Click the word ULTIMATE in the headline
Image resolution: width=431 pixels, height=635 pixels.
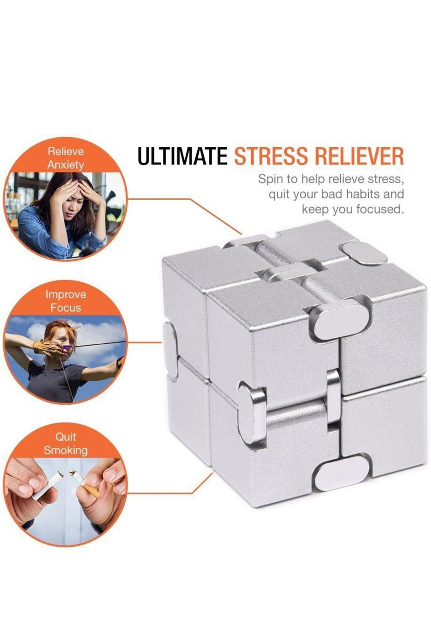[182, 156]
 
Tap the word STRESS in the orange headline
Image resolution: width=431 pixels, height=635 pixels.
[271, 156]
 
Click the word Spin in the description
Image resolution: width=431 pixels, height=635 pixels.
[270, 179]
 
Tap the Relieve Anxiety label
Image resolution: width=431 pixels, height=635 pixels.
[66, 158]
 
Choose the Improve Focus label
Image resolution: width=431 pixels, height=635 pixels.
[66, 301]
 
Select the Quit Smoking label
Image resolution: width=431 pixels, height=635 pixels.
[66, 444]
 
